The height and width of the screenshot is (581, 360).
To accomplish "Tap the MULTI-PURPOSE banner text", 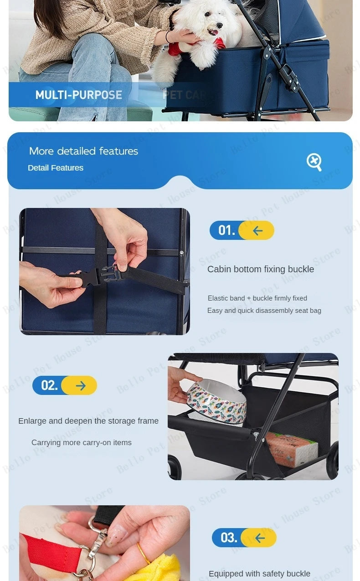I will tap(79, 95).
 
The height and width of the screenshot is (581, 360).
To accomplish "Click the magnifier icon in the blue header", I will tap(314, 161).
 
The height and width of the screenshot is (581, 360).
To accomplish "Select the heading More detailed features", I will tap(83, 151).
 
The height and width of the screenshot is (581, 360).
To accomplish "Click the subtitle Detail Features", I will tap(56, 168).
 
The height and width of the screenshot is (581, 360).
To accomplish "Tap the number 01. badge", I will tap(226, 230).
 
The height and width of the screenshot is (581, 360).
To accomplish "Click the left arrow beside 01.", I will tap(257, 231).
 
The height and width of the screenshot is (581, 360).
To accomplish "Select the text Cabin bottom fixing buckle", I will tap(260, 269).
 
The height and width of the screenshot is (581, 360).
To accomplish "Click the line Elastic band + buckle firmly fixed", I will tap(257, 298).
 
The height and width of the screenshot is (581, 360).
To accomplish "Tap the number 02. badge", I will tap(49, 385).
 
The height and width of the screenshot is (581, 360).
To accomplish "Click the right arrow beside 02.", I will tap(81, 386).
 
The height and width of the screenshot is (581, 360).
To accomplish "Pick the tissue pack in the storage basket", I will tap(292, 449).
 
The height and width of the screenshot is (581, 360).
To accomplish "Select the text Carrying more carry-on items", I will tap(81, 442).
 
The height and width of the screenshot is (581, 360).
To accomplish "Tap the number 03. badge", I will tap(229, 538).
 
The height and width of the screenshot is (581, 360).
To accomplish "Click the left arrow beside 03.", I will tap(260, 538).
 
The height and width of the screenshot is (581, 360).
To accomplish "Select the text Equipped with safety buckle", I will tap(259, 574).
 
